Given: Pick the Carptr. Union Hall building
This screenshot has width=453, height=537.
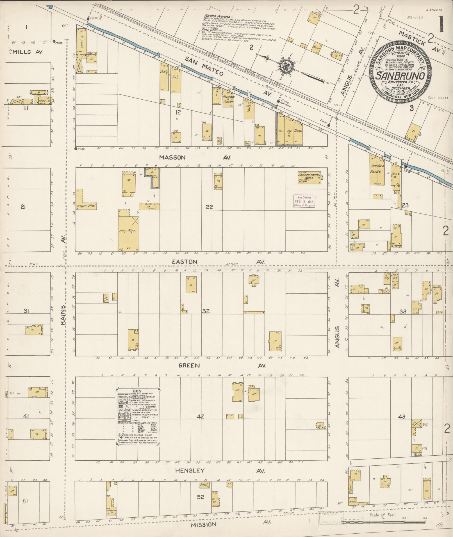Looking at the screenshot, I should pyautogui.click(x=309, y=178).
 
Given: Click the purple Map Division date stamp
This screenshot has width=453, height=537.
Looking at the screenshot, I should pyautogui.click(x=304, y=201).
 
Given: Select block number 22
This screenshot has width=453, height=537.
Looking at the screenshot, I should pyautogui.click(x=209, y=207).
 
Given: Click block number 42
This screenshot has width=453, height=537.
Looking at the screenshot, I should pyautogui.click(x=200, y=417).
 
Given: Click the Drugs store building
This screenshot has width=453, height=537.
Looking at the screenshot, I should pyautogui.click(x=298, y=131).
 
